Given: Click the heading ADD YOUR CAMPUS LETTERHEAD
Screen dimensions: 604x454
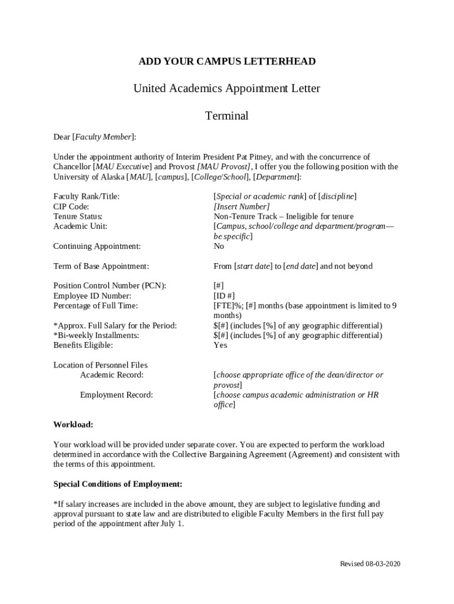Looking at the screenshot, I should [x=227, y=61].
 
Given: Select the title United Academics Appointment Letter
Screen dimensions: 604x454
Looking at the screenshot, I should [x=227, y=88].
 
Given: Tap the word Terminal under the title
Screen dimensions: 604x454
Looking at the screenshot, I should [x=227, y=116].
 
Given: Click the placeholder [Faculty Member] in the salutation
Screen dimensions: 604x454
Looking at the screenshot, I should [x=103, y=137].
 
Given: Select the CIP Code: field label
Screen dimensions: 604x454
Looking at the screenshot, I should [x=71, y=206].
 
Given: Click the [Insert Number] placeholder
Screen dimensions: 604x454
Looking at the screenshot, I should [x=241, y=206].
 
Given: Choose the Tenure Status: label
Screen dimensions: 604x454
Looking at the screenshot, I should [x=78, y=216].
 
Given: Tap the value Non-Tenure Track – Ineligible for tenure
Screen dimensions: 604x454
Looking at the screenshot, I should [x=283, y=216].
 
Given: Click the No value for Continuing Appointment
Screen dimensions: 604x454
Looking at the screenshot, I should [x=219, y=246].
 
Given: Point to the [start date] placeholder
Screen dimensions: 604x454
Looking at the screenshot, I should [x=253, y=266].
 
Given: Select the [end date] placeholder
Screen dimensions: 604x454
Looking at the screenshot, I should [x=301, y=266].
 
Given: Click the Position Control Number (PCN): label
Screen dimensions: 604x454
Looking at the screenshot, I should [x=110, y=285].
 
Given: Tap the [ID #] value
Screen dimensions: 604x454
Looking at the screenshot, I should [x=224, y=296].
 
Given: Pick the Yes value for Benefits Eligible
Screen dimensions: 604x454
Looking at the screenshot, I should [x=220, y=345].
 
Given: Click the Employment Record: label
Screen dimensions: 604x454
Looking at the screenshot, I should [x=116, y=395].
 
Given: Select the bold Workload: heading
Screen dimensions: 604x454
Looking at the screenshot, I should [x=73, y=425].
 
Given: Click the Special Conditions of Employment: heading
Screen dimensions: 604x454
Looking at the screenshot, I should [x=118, y=484].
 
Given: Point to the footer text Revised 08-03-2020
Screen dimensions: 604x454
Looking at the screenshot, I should [x=370, y=564].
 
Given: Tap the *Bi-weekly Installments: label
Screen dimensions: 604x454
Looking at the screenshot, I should [x=96, y=335].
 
